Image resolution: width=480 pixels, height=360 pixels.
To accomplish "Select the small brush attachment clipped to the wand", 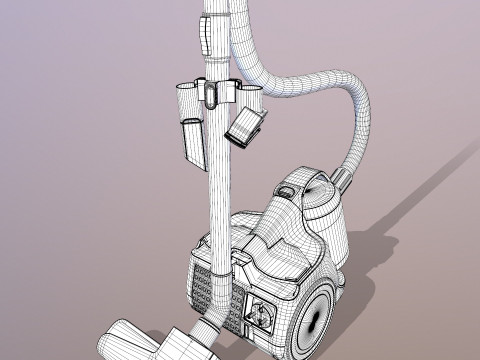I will (246, 125).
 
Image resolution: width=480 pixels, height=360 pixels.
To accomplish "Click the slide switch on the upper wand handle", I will (205, 36).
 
